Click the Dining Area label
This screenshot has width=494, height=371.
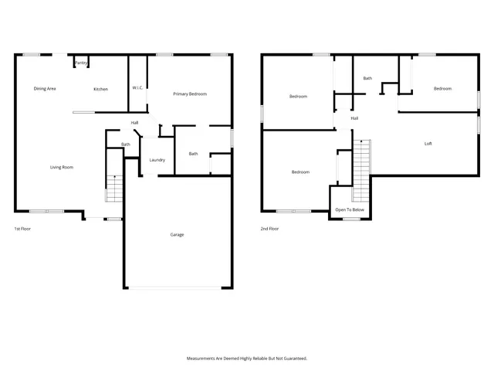click(x=45, y=89)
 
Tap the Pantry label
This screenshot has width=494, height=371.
click(x=80, y=63)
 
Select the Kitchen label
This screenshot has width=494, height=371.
click(x=101, y=89)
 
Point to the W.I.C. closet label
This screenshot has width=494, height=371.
click(x=138, y=87)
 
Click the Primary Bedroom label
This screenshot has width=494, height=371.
click(x=190, y=94)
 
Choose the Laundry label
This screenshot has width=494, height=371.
click(x=157, y=160)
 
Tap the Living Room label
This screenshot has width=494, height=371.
click(x=62, y=167)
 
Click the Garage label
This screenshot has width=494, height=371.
click(x=177, y=234)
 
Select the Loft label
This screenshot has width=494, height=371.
click(x=428, y=144)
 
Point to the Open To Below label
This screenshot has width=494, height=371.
click(x=350, y=210)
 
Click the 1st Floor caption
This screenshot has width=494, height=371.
click(x=23, y=229)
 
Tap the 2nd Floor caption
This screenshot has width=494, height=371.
click(x=270, y=229)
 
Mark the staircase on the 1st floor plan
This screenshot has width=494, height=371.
click(x=114, y=188)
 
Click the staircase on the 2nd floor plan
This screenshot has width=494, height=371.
click(x=361, y=170)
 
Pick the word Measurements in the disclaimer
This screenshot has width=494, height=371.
click(x=203, y=359)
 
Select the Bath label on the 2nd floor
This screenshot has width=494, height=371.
click(x=368, y=78)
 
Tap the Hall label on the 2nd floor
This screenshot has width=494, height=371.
click(x=354, y=118)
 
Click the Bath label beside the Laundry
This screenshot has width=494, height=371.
click(x=193, y=153)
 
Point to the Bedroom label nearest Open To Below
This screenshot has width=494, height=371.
click(x=300, y=172)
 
